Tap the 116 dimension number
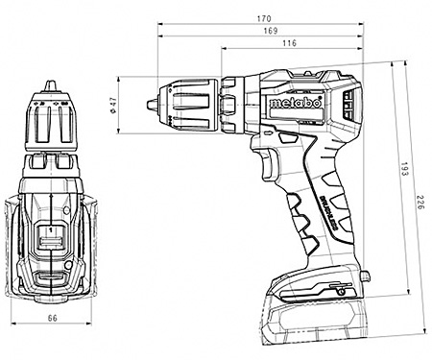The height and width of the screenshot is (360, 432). click(289, 44)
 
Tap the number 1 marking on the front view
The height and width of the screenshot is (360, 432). click(49, 231)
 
